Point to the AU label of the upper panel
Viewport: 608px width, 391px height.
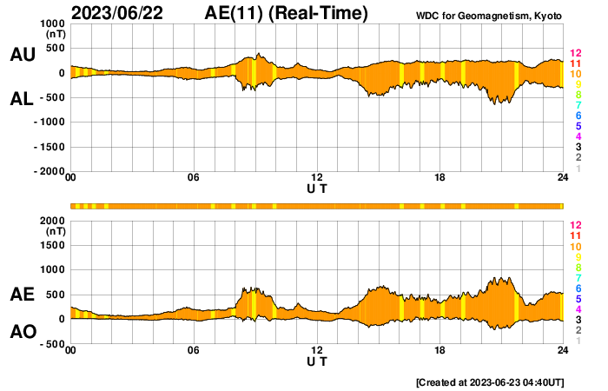pyautogui.click(x=22, y=55)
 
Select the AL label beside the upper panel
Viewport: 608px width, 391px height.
pyautogui.click(x=22, y=99)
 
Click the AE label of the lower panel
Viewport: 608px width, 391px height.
pyautogui.click(x=22, y=295)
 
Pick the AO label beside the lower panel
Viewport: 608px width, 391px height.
pyautogui.click(x=22, y=332)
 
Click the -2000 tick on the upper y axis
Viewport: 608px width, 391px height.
pyautogui.click(x=50, y=172)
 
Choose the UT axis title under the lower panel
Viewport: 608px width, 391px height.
pyautogui.click(x=317, y=361)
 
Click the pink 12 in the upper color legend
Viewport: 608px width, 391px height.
pyautogui.click(x=575, y=54)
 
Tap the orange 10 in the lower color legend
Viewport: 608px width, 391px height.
pyautogui.click(x=575, y=247)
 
